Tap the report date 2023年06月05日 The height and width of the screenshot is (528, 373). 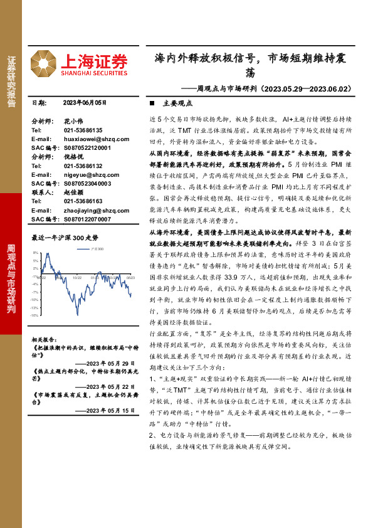[x=85, y=102]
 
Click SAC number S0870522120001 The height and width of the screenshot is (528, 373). [x=87, y=147]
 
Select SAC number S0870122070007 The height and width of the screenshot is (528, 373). [x=87, y=219]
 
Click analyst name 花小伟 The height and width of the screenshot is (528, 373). [x=73, y=120]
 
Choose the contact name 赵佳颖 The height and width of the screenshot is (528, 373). [x=73, y=193]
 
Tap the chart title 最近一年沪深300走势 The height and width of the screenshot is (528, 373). [x=65, y=238]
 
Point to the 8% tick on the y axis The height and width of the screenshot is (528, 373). [x=36, y=251]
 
